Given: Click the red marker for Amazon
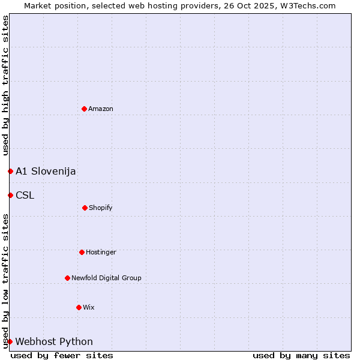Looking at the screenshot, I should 85,109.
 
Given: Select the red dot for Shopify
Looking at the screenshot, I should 85,208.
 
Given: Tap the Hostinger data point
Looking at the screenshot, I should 82,252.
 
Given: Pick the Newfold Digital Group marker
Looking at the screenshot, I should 67,278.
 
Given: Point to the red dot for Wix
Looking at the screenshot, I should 79,307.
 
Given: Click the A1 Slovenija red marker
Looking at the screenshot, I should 10,171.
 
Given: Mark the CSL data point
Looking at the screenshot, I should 10,195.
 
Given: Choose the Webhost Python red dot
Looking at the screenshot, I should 10,341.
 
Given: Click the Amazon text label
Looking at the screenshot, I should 101,109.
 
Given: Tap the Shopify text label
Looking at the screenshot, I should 101,208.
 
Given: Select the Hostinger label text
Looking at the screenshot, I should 101,252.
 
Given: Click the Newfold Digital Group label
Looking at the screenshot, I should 106,278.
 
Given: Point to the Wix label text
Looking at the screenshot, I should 89,307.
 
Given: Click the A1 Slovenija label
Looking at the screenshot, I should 46,171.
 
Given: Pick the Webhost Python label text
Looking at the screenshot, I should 54,341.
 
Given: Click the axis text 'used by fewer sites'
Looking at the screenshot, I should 62,355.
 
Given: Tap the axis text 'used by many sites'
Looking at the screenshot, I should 301,355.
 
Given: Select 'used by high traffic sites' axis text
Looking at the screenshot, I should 5,85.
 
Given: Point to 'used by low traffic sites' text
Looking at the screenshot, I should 5,280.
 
